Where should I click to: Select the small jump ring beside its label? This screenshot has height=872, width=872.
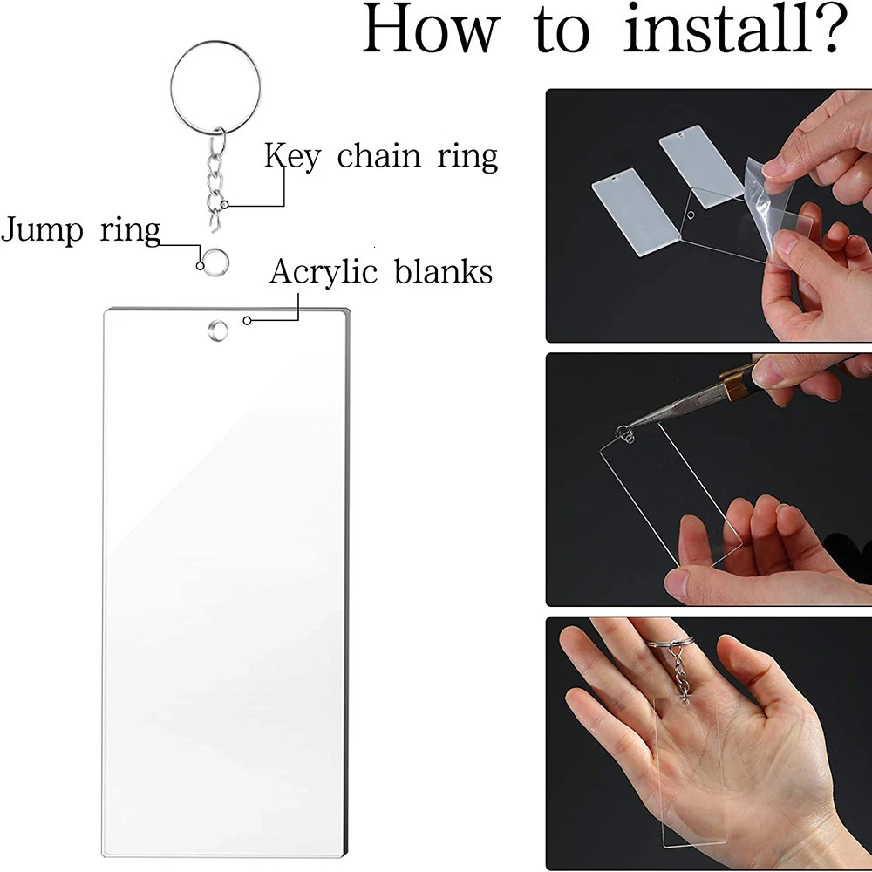pos(212,259)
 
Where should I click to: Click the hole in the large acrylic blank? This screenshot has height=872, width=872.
pos(214,330)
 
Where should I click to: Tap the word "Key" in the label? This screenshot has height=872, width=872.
pos(293,157)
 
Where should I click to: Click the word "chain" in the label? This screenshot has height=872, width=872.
pos(379,157)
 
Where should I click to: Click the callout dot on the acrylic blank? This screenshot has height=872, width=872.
pos(248,321)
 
